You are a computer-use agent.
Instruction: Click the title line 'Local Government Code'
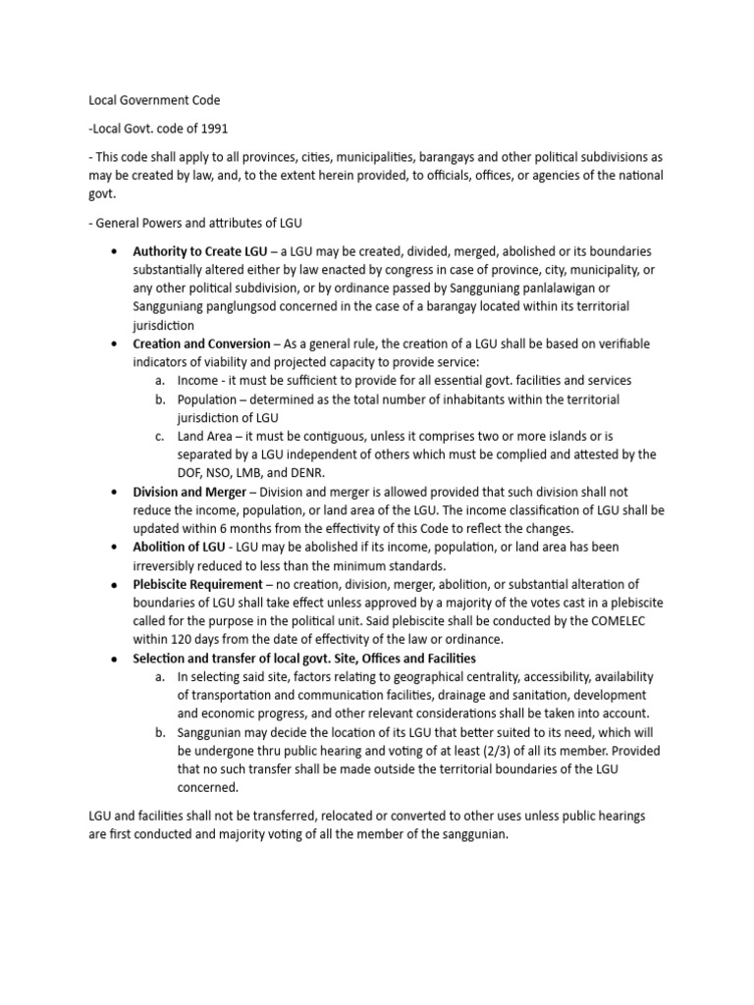154,100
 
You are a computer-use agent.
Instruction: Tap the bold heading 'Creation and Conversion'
201,344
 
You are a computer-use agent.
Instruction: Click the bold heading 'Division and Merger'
189,492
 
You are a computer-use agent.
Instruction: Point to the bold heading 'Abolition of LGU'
182,547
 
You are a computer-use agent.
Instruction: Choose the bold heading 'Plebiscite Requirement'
198,584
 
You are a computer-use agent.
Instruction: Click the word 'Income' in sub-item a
197,380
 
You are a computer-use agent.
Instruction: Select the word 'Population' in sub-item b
207,399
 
